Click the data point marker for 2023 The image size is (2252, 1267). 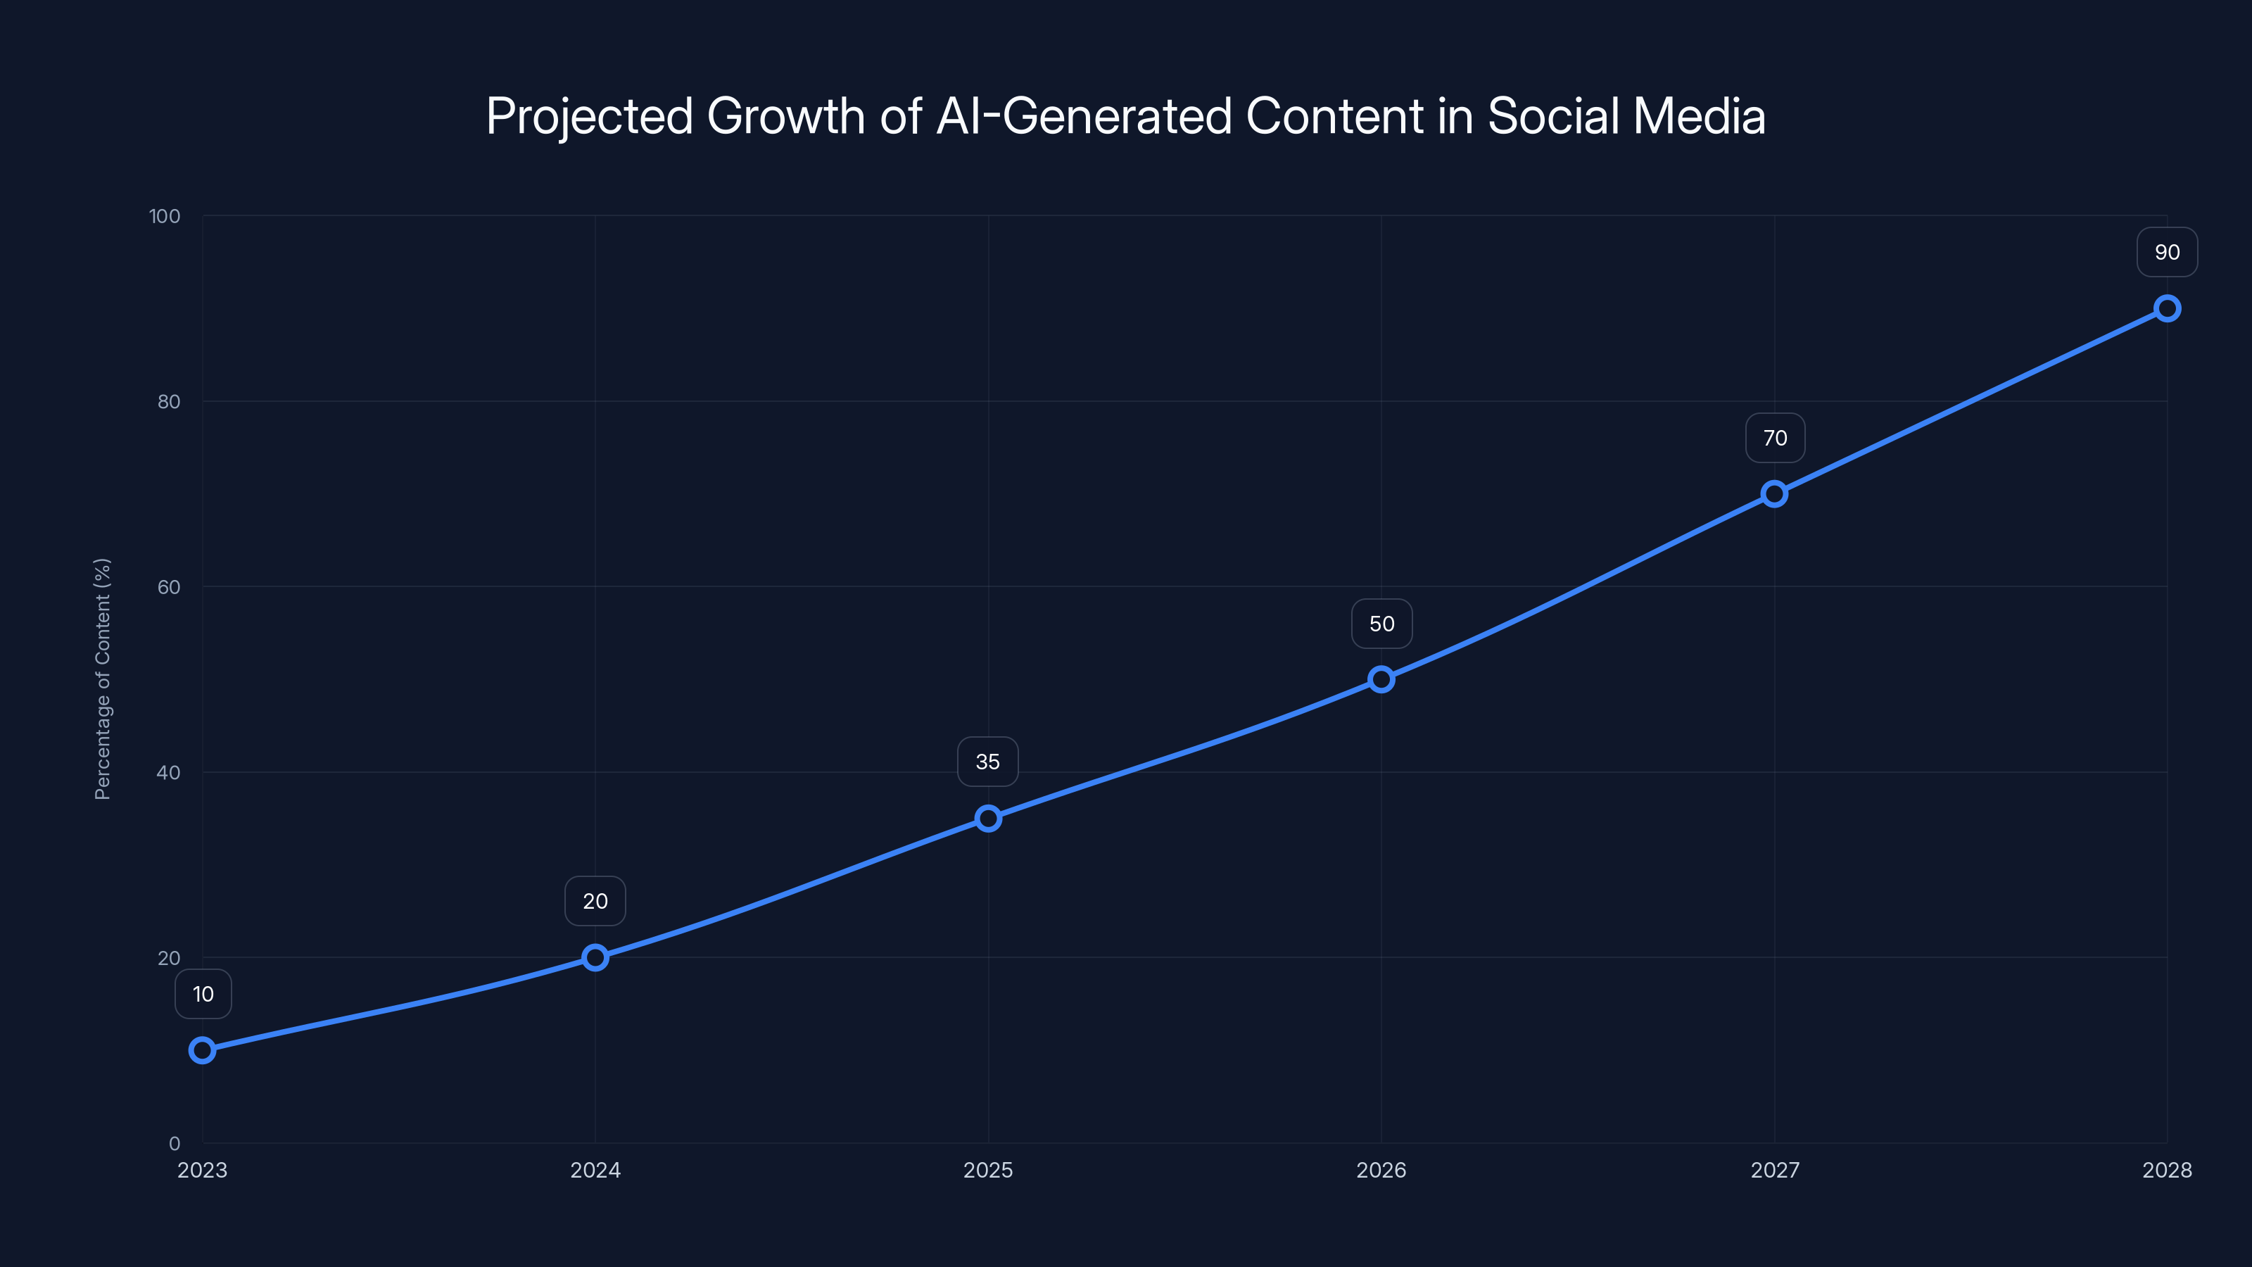(202, 1049)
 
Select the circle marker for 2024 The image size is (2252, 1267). (595, 957)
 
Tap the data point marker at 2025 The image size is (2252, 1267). (988, 819)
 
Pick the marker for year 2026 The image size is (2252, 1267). (1381, 679)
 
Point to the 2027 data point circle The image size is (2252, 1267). (1773, 494)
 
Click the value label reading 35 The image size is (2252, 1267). (988, 762)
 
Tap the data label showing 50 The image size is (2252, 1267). (1381, 624)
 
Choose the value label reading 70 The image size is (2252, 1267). (1775, 438)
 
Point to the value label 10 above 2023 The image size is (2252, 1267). (203, 994)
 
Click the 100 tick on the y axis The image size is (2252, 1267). (165, 216)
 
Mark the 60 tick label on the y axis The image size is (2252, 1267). (169, 587)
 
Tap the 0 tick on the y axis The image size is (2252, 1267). (174, 1143)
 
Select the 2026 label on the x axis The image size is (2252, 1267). (1381, 1170)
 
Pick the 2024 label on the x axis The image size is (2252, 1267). (595, 1170)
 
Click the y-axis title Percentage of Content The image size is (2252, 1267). (102, 679)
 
